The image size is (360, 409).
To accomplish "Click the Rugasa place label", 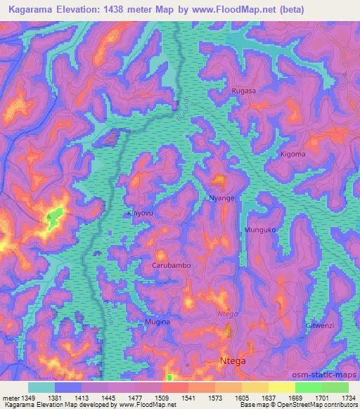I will [243, 91].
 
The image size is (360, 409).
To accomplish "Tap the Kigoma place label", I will [292, 154].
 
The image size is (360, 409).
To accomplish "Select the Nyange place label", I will [221, 198].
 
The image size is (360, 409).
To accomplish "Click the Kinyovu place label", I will [138, 213].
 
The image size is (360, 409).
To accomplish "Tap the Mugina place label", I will [157, 322].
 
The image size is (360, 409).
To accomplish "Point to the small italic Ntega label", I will [227, 314].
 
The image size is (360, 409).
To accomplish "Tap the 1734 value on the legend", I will [349, 398].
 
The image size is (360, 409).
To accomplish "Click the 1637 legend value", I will [269, 398].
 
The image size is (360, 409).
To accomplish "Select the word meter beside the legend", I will [9, 398].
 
